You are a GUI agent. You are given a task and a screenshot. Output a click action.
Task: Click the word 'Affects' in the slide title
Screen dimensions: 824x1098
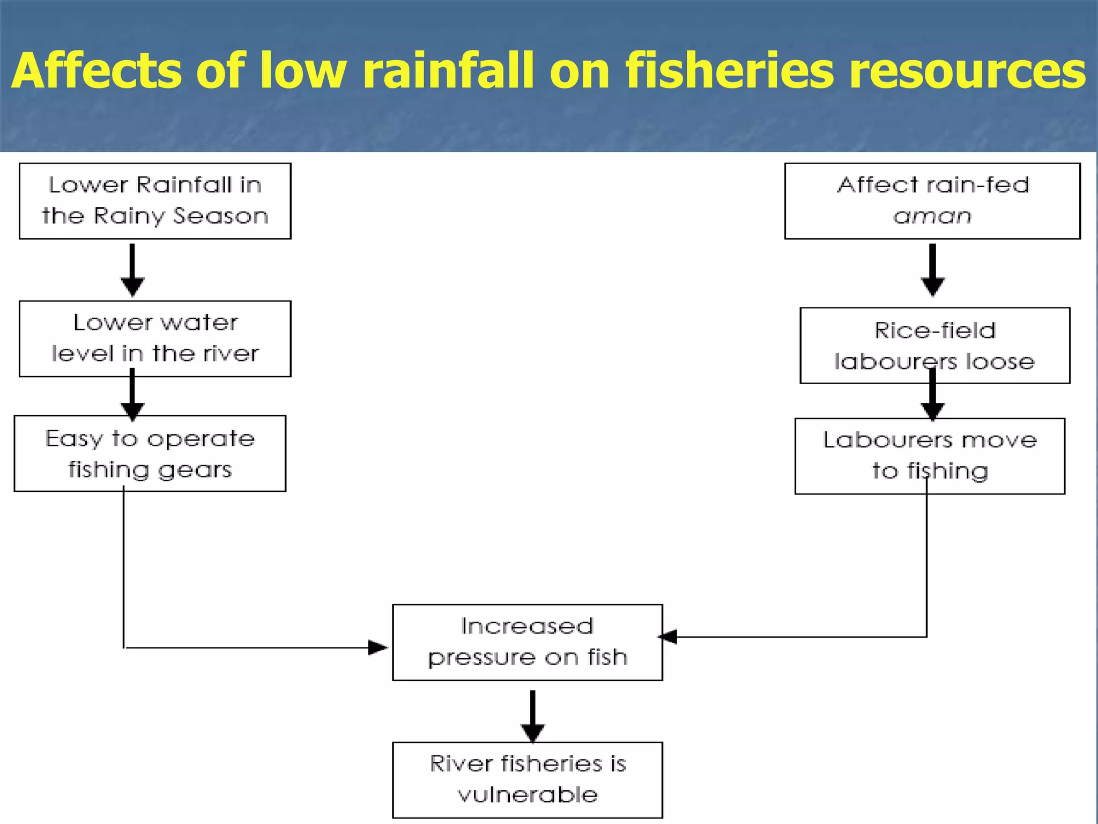97,71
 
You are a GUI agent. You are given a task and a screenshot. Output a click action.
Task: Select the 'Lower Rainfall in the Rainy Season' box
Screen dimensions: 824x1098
155,201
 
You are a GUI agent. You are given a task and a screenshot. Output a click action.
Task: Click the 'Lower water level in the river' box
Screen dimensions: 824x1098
155,339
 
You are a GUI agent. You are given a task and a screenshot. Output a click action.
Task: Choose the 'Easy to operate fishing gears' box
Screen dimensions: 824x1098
150,453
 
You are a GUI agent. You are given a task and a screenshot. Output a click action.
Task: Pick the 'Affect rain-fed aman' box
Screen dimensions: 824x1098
932,201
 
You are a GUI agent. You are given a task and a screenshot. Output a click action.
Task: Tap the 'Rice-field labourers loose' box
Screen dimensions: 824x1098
934,345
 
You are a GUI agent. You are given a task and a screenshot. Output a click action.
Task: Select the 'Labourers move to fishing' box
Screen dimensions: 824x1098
930,455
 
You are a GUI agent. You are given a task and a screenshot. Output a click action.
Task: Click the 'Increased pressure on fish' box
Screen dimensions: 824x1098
528,642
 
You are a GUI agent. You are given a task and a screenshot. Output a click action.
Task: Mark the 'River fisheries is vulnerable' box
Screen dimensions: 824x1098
528,779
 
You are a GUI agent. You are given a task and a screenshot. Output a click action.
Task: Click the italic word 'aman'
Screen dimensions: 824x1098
932,216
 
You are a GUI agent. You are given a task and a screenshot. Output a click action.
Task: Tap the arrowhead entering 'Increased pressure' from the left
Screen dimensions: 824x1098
377,648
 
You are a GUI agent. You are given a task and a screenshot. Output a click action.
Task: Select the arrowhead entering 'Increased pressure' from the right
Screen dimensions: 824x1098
668,637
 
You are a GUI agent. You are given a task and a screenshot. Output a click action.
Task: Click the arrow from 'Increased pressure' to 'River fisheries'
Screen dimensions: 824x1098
532,716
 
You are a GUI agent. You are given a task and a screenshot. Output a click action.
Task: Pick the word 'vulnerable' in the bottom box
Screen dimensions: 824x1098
528,794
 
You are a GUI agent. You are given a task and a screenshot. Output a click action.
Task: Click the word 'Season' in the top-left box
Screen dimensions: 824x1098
220,216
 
